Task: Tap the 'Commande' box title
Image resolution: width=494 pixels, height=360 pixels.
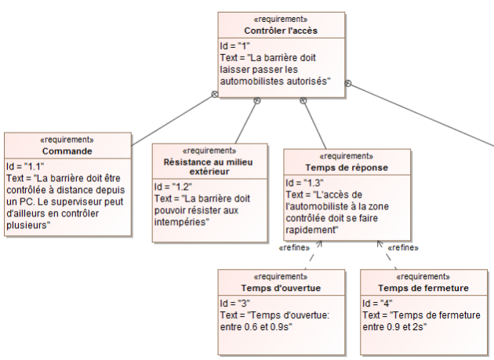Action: coord(67,151)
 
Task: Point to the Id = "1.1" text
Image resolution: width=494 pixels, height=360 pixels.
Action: coord(25,165)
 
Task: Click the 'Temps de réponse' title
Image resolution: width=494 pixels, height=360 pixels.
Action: coord(347,168)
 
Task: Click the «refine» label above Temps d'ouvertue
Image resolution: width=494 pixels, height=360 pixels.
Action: coord(293,249)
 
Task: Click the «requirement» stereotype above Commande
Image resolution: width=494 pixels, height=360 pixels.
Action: coord(67,140)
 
